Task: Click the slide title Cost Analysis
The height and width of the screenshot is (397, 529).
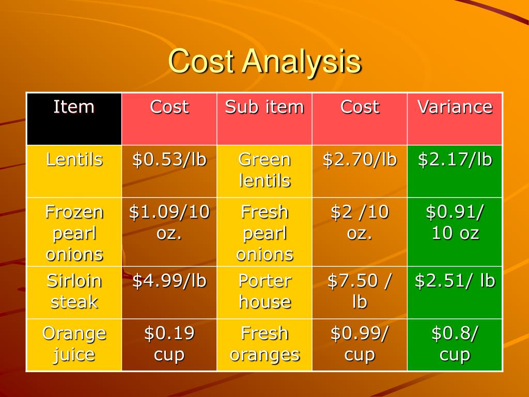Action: pyautogui.click(x=265, y=61)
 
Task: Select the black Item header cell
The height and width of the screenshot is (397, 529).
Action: pyautogui.click(x=74, y=119)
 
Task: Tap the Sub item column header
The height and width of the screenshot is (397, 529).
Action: pyautogui.click(x=264, y=119)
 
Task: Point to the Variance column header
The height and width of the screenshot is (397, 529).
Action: pyautogui.click(x=455, y=119)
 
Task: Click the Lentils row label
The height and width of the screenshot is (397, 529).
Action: pyautogui.click(x=74, y=172)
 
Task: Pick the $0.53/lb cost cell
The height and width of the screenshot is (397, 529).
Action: pyautogui.click(x=169, y=172)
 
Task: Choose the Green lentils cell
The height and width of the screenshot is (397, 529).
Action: pyautogui.click(x=264, y=172)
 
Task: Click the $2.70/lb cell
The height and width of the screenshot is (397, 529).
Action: pyautogui.click(x=360, y=172)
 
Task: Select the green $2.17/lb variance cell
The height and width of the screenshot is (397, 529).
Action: pyautogui.click(x=455, y=172)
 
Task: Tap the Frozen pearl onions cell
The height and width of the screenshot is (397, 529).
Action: pyautogui.click(x=74, y=232)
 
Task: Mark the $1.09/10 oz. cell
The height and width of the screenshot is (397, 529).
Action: pyautogui.click(x=169, y=232)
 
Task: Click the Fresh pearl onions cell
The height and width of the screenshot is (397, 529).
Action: pyautogui.click(x=264, y=232)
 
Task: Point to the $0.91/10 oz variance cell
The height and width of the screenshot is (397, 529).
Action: pyautogui.click(x=455, y=232)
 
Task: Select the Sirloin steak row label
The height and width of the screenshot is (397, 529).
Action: pyautogui.click(x=74, y=293)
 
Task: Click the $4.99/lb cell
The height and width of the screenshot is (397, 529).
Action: pyautogui.click(x=169, y=293)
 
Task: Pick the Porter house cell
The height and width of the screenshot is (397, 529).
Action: pyautogui.click(x=264, y=293)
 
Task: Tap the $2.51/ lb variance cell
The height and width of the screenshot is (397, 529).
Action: pyautogui.click(x=455, y=293)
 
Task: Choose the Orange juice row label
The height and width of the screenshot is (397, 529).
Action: pyautogui.click(x=74, y=345)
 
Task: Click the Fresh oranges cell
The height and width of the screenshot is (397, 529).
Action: pyautogui.click(x=264, y=345)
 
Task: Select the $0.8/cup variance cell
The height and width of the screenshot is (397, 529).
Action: pyautogui.click(x=455, y=345)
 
